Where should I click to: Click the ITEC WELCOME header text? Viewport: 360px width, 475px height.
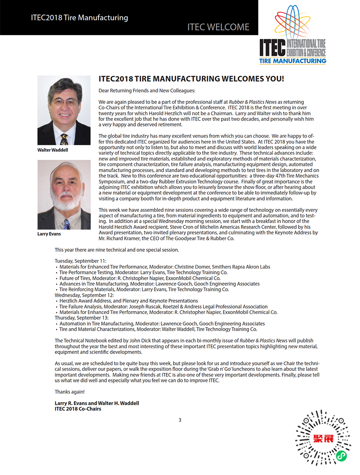[x=218, y=27]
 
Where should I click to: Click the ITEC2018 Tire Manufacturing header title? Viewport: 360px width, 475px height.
[x=80, y=18]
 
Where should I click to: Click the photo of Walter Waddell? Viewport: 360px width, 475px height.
[x=64, y=110]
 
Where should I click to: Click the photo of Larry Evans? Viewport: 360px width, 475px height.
[x=64, y=195]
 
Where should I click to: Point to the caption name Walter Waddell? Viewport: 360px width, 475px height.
[x=53, y=150]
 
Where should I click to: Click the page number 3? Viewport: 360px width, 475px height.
[x=180, y=420]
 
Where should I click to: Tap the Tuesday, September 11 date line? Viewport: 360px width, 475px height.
[x=80, y=261]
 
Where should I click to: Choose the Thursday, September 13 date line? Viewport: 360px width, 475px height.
[x=81, y=318]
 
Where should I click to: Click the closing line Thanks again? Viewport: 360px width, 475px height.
[x=70, y=392]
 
